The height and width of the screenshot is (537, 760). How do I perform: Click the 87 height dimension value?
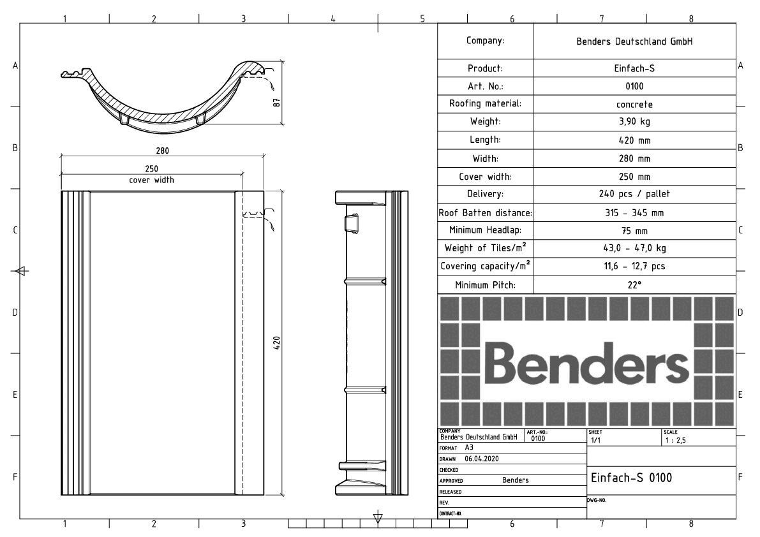point(277,102)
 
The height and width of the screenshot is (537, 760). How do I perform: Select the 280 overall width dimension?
point(162,151)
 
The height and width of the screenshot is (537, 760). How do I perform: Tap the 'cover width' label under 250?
point(151,180)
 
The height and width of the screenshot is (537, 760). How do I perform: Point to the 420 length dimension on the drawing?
point(277,343)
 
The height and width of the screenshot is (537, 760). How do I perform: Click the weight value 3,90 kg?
point(634,122)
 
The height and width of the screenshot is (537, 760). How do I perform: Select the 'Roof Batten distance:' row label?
point(485,212)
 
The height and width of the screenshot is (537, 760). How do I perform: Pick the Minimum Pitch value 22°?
point(634,284)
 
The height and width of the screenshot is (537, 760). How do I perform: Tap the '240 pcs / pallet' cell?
point(634,194)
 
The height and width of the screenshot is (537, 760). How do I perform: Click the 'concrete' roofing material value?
point(634,104)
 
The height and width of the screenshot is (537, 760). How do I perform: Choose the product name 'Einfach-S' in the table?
point(634,68)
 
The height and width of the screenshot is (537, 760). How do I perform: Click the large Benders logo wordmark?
point(586,362)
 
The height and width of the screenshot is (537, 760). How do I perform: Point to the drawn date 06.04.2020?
point(481,459)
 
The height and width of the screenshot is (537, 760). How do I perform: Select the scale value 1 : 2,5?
point(675,440)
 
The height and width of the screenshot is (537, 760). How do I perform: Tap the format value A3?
point(469,448)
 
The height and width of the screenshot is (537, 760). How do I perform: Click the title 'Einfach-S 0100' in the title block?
point(631,478)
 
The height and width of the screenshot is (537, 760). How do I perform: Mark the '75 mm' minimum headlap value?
point(634,230)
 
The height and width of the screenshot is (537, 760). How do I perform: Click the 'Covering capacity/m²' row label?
point(485,266)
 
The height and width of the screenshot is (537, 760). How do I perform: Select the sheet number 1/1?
point(595,440)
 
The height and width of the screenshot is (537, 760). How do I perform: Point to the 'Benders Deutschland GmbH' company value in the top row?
point(634,41)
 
